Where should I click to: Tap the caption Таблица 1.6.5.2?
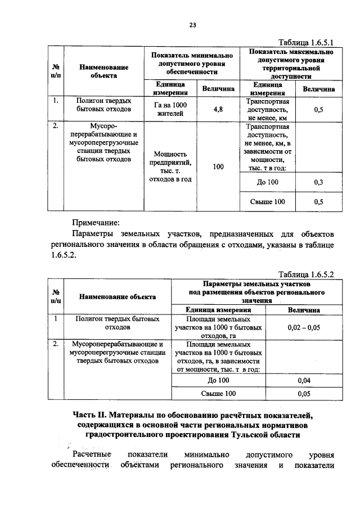[307, 274]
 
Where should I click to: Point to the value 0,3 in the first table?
[318, 182]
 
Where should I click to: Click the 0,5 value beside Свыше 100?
[318, 201]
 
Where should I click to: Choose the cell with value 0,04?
[304, 381]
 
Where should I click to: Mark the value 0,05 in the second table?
[304, 394]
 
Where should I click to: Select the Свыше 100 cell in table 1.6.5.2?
[219, 394]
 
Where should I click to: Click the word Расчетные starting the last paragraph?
[92, 454]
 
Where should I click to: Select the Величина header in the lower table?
[304, 309]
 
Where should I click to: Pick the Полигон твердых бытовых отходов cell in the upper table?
[104, 105]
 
